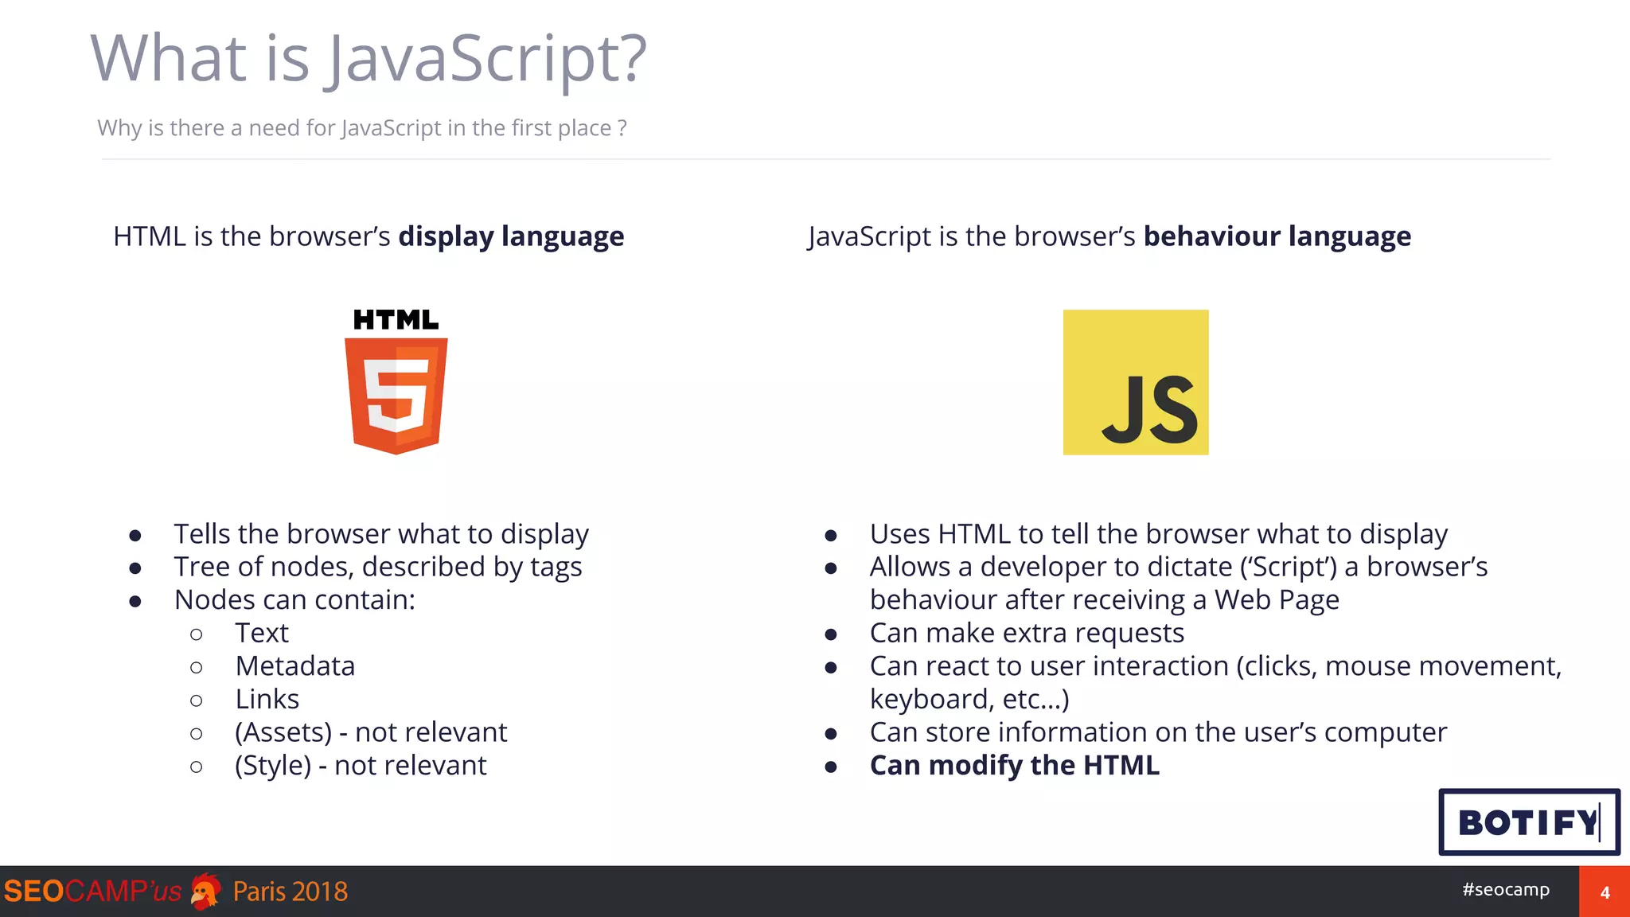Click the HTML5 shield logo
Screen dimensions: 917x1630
pos(396,396)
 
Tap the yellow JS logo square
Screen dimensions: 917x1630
pos(1136,382)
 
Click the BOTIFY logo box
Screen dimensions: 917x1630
pos(1529,822)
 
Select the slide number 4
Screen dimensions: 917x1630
pos(1605,892)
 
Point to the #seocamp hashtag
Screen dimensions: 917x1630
pos(1506,889)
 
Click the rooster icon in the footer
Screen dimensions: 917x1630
pos(206,892)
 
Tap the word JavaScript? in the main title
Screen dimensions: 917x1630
pos(488,59)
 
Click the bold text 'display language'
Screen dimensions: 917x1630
pos(511,236)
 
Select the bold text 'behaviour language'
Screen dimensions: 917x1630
pos(1277,236)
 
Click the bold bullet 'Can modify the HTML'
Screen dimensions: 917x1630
pos(1014,765)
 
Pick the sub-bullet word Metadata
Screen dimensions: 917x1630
pos(295,665)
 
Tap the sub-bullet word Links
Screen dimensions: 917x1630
pos(267,699)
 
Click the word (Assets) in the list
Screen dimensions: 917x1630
pos(283,732)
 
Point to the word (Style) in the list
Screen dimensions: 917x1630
pos(273,766)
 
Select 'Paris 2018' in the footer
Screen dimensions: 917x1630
pos(291,892)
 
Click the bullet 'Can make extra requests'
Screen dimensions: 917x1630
pos(1027,633)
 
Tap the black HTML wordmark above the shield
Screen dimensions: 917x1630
pos(396,320)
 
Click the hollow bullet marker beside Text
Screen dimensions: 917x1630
pos(197,634)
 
